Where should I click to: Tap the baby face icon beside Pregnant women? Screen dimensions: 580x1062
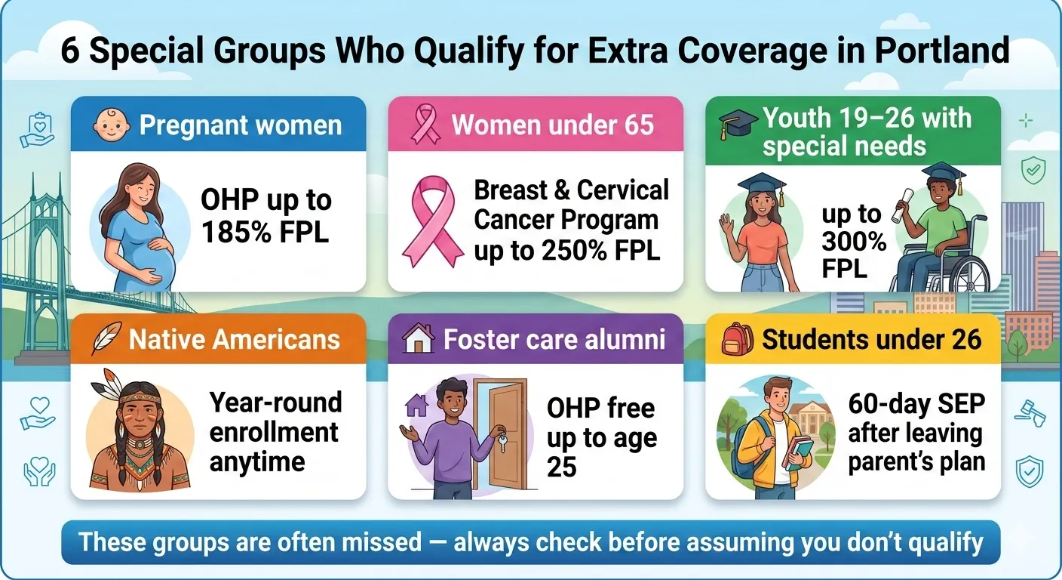point(112,125)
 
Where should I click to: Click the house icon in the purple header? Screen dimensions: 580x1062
point(419,339)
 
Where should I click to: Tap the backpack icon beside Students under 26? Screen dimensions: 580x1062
point(737,339)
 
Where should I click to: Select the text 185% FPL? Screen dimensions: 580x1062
point(265,232)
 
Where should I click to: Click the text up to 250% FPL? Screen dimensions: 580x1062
point(566,251)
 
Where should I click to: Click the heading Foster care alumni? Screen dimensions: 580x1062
point(554,339)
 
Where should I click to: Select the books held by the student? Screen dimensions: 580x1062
point(800,453)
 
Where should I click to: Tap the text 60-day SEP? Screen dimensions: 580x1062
point(916,404)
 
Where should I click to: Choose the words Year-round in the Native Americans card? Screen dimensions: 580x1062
point(275,403)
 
